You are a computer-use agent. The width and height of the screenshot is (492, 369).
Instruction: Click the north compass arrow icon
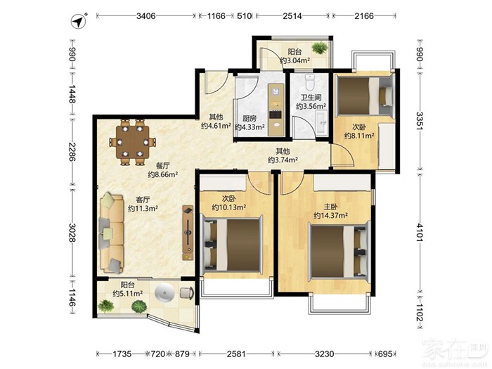pyautogui.click(x=79, y=22)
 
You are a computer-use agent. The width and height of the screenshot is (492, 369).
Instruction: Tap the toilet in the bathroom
pyautogui.click(x=309, y=82)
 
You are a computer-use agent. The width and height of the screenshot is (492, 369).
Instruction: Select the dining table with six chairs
pyautogui.click(x=133, y=141)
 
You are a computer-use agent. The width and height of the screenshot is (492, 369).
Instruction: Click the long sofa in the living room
pyautogui.click(x=112, y=233)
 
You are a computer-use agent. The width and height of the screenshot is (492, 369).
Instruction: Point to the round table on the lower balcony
pyautogui.click(x=164, y=293)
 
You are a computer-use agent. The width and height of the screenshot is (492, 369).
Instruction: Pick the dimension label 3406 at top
pyautogui.click(x=146, y=15)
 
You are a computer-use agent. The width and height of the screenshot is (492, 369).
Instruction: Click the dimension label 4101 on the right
pyautogui.click(x=420, y=232)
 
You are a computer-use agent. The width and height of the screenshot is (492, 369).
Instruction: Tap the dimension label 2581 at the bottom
pyautogui.click(x=236, y=354)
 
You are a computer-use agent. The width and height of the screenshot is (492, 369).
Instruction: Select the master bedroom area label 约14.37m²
pyautogui.click(x=330, y=216)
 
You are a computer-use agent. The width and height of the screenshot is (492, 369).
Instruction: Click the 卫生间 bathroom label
pyautogui.click(x=311, y=98)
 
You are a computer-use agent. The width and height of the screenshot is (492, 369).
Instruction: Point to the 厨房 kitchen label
pyautogui.click(x=250, y=118)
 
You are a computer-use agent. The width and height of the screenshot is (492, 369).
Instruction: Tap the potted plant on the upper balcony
pyautogui.click(x=320, y=48)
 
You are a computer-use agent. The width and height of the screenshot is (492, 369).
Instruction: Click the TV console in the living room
pyautogui.click(x=188, y=233)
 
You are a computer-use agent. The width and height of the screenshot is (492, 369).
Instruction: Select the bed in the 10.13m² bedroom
pyautogui.click(x=233, y=245)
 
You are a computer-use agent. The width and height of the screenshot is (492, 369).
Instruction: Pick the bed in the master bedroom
pyautogui.click(x=339, y=252)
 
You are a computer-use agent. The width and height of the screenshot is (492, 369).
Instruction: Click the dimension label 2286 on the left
pyautogui.click(x=72, y=153)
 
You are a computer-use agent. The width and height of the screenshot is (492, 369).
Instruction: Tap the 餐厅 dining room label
pyautogui.click(x=163, y=166)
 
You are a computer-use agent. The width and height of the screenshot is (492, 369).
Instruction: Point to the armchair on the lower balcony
pyautogui.click(x=187, y=292)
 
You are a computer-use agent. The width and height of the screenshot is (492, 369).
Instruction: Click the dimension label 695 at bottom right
pyautogui.click(x=385, y=354)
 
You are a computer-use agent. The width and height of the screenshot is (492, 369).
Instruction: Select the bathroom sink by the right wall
pyautogui.click(x=321, y=123)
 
